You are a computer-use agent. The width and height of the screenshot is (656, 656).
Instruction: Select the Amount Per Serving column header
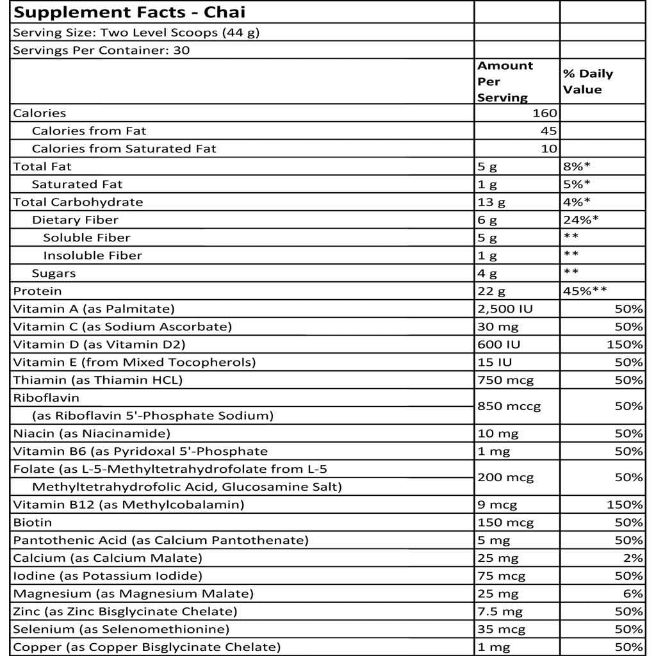505,81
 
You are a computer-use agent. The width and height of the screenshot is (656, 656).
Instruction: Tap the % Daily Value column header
587,81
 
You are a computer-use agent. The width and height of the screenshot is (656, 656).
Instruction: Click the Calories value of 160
545,113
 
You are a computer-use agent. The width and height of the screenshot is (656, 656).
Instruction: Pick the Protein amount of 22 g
491,291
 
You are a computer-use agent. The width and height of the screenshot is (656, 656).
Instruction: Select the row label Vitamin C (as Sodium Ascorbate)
122,327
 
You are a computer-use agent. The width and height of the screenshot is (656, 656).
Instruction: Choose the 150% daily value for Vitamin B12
625,505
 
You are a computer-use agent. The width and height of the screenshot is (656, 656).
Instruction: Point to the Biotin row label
33,523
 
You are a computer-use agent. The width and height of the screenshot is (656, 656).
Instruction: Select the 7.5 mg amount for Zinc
500,612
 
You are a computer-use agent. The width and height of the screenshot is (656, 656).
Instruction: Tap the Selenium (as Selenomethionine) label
121,630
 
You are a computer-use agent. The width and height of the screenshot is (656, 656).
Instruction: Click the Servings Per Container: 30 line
101,51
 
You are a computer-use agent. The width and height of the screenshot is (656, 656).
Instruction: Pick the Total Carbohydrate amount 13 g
491,202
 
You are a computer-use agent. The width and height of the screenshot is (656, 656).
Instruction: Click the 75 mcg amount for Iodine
501,576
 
